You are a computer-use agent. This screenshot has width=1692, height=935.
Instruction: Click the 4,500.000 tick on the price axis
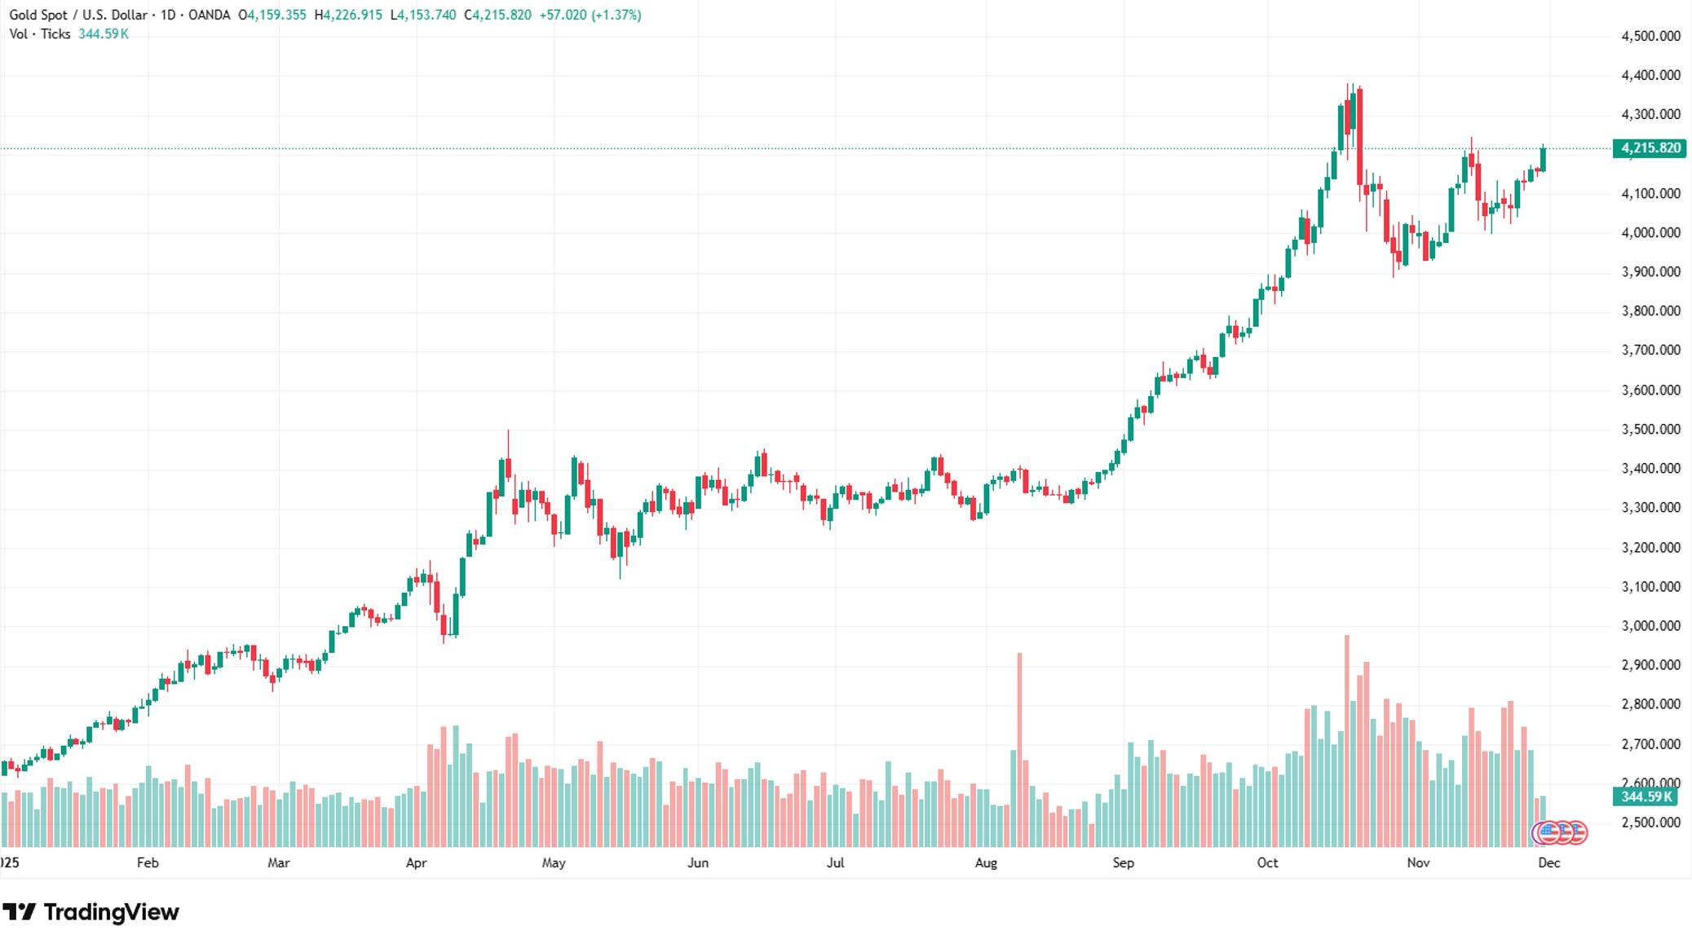[x=1650, y=36]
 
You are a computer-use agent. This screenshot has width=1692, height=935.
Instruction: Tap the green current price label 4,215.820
[x=1650, y=148]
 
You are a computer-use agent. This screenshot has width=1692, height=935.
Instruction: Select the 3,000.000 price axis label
[x=1650, y=626]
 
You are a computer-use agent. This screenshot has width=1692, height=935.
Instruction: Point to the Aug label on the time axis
[x=985, y=863]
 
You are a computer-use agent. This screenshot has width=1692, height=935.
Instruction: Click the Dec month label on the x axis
[x=1548, y=863]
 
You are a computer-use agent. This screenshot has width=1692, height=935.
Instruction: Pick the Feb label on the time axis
[x=148, y=863]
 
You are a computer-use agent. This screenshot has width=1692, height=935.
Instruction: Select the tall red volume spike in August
[x=1019, y=734]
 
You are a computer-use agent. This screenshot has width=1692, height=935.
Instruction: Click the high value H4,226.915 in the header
[x=348, y=15]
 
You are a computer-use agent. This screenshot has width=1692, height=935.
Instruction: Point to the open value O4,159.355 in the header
[x=272, y=15]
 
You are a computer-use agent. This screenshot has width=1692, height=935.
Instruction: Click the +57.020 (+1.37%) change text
[x=590, y=15]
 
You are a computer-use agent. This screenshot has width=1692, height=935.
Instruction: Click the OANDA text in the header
[x=209, y=15]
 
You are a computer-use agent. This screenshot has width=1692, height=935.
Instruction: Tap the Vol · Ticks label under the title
[x=39, y=34]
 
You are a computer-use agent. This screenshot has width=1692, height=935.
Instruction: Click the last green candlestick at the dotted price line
[x=1543, y=159]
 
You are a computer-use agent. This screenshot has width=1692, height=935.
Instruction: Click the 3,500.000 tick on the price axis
[x=1650, y=429]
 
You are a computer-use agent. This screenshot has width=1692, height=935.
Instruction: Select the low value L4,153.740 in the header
[x=423, y=15]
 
